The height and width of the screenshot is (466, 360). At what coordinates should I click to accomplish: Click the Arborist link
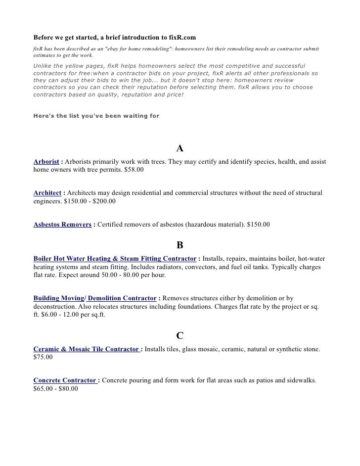(x=46, y=162)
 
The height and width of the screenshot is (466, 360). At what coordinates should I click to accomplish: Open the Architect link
(x=47, y=193)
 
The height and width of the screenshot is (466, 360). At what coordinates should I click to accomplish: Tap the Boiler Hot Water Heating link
(x=115, y=259)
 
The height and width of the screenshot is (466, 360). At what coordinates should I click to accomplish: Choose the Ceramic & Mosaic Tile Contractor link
(x=87, y=349)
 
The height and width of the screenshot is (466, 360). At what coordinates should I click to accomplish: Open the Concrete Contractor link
(x=65, y=380)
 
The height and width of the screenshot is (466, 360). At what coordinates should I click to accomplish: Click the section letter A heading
(x=180, y=149)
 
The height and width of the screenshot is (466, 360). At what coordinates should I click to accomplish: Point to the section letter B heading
(x=180, y=245)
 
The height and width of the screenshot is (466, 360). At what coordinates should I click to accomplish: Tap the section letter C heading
(x=180, y=336)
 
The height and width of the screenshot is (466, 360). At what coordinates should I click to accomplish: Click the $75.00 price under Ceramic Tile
(x=43, y=357)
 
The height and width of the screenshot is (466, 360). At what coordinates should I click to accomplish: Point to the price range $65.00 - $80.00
(x=55, y=389)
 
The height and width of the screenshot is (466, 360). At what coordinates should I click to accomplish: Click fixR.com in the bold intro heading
(x=183, y=38)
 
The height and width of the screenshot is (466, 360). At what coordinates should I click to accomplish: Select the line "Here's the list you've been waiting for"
(x=96, y=117)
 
